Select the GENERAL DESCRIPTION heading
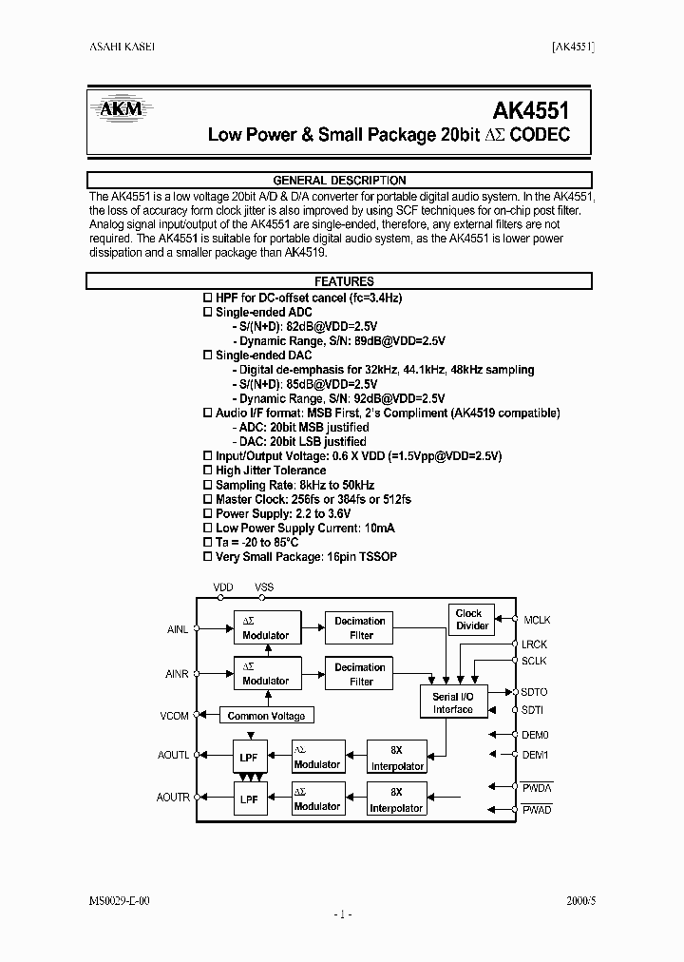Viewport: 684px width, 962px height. (339, 180)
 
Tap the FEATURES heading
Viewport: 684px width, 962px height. (339, 281)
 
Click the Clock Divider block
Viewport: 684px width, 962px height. (472, 620)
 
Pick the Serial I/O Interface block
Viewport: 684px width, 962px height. (452, 702)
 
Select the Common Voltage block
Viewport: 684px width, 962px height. (267, 716)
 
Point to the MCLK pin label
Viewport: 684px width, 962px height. (537, 621)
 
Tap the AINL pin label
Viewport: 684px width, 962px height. (178, 628)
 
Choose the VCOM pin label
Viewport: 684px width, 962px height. (176, 716)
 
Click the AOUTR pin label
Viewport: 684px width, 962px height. (174, 798)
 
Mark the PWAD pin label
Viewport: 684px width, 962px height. (537, 809)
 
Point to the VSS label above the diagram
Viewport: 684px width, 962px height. (264, 587)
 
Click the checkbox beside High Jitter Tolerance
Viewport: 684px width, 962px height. (208, 471)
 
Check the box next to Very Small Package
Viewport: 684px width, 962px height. (208, 556)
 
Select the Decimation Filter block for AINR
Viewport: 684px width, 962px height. (361, 674)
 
